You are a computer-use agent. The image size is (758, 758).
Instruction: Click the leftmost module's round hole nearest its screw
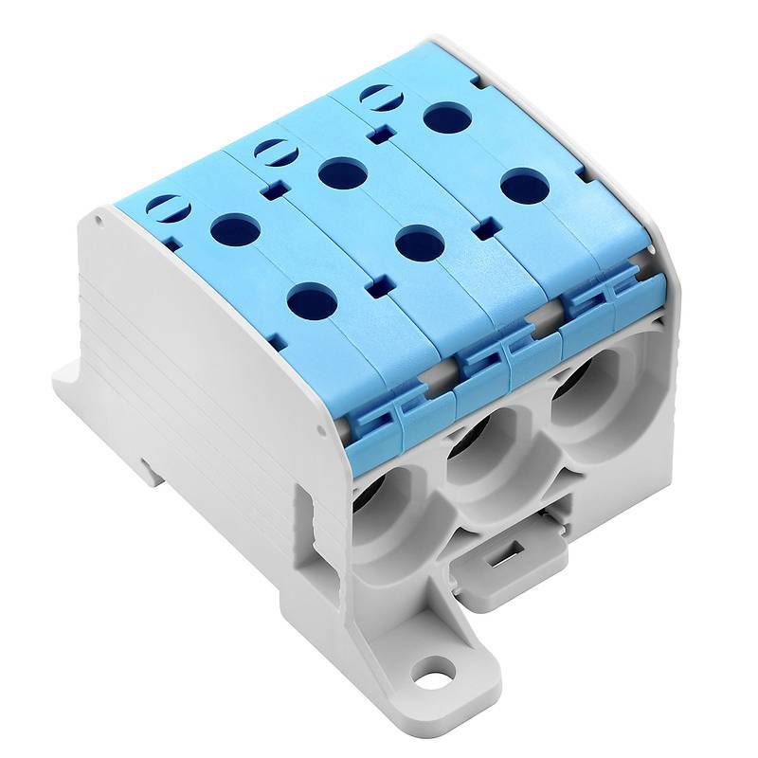coord(236,229)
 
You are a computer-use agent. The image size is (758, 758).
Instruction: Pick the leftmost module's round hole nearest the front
coord(312,302)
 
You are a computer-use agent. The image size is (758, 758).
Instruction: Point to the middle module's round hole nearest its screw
coord(343,173)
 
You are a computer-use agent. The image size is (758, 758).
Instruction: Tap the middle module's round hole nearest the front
coord(421,244)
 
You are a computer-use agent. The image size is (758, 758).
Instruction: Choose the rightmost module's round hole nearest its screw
coord(447,117)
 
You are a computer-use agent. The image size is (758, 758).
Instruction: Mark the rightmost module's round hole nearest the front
coord(525,186)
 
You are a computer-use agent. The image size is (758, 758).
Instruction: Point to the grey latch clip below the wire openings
coord(506,561)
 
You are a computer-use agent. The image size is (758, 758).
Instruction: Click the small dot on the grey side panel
coord(98,219)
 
